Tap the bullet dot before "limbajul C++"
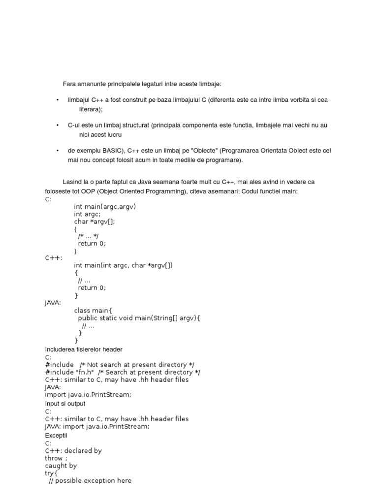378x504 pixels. (58, 100)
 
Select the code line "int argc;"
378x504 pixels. (87, 214)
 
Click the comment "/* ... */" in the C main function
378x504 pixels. (88, 236)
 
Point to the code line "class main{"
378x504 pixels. (94, 311)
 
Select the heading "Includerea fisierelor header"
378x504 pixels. (84, 349)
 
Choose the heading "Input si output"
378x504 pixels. (65, 404)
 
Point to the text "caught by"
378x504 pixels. (61, 466)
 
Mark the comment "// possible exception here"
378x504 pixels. (90, 480)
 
